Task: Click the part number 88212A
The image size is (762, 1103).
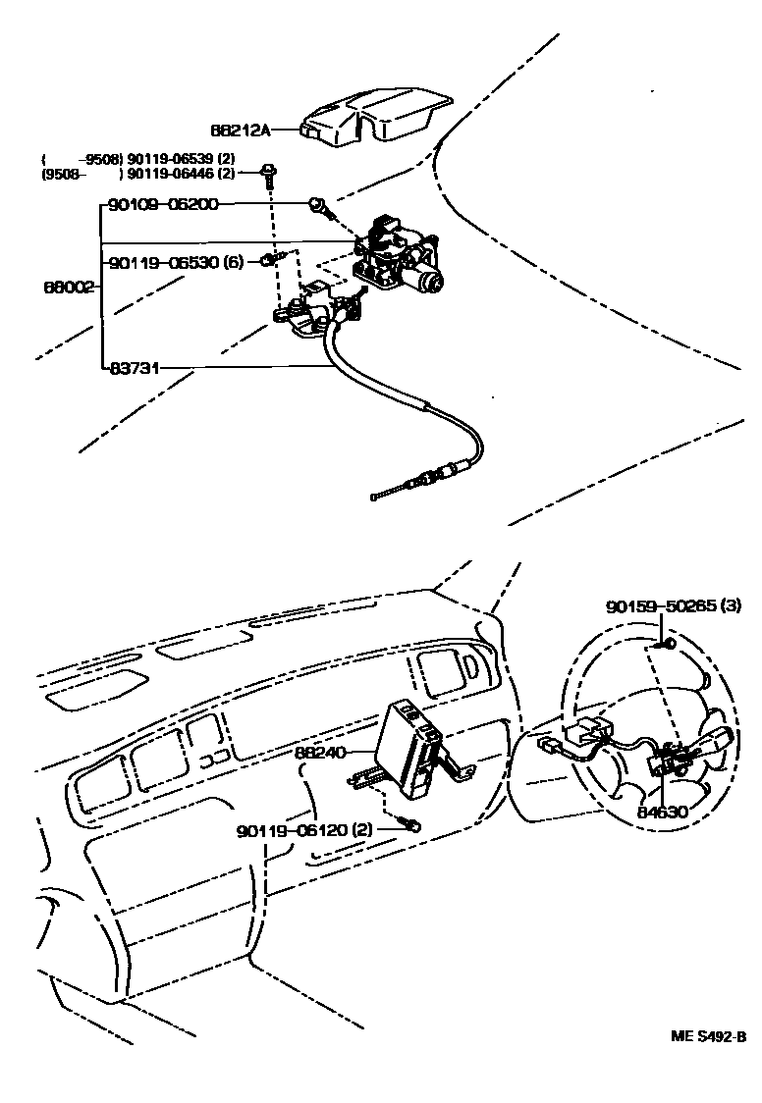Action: click(240, 129)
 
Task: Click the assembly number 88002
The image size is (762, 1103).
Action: click(68, 288)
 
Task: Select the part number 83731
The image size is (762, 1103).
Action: click(135, 369)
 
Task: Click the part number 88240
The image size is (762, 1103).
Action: click(321, 754)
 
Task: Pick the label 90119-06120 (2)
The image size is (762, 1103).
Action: click(304, 830)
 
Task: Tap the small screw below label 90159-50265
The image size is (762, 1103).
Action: click(667, 643)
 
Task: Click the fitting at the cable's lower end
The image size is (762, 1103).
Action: click(433, 479)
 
